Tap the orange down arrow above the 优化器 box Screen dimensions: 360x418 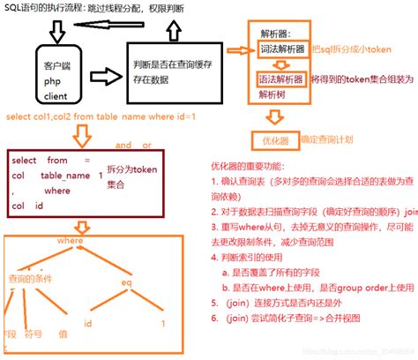tap(274, 116)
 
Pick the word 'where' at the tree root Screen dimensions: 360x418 tap(69, 240)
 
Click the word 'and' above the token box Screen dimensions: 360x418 tap(123, 144)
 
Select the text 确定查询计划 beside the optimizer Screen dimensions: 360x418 tap(327, 139)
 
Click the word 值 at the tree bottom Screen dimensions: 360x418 tap(63, 334)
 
